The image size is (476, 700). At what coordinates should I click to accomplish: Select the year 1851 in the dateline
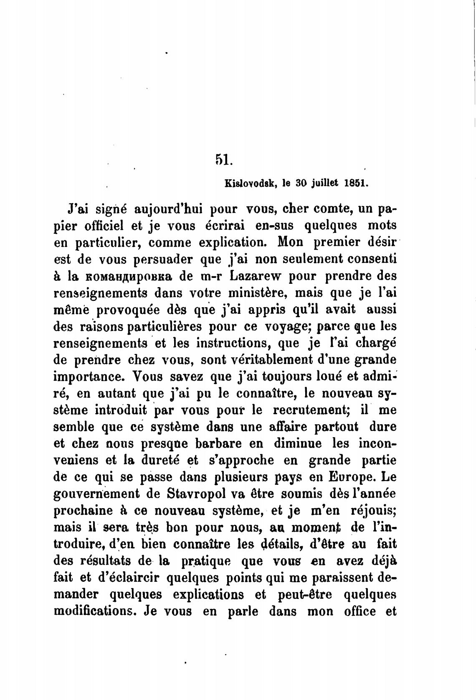(357, 183)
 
